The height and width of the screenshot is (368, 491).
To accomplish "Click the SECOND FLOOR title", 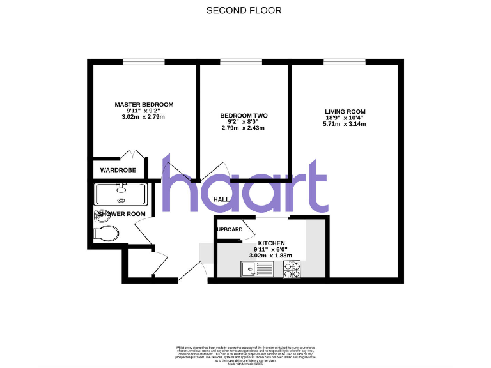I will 244,10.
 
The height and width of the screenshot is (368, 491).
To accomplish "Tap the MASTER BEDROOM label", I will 144,104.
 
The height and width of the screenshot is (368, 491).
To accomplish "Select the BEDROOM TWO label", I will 244,116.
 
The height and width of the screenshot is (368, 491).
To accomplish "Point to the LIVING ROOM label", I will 345,111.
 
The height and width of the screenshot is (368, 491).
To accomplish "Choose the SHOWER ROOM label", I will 125,213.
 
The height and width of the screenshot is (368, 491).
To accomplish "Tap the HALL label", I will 221,200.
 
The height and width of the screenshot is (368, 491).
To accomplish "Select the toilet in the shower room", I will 105,233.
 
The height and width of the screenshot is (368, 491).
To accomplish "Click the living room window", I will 344,62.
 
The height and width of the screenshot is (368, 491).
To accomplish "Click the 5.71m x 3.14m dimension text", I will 345,124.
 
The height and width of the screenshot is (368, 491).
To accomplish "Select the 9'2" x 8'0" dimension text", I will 244,122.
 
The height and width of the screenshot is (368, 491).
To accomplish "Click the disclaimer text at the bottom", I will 245,353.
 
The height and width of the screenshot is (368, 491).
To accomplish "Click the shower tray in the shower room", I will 121,194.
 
